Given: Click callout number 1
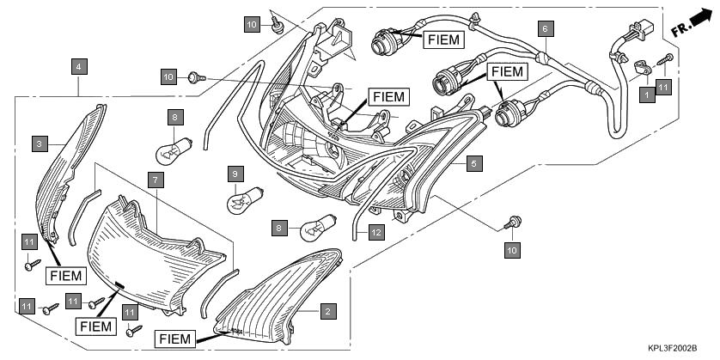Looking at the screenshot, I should pos(646,96).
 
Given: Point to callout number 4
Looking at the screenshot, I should pos(78,66).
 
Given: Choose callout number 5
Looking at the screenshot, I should pos(472,161).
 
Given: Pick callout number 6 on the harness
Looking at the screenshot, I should pos(543,27).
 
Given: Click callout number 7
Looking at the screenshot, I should pos(155,180).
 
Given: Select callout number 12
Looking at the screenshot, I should pos(376,231).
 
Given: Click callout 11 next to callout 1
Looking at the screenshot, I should pos(662,86).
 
